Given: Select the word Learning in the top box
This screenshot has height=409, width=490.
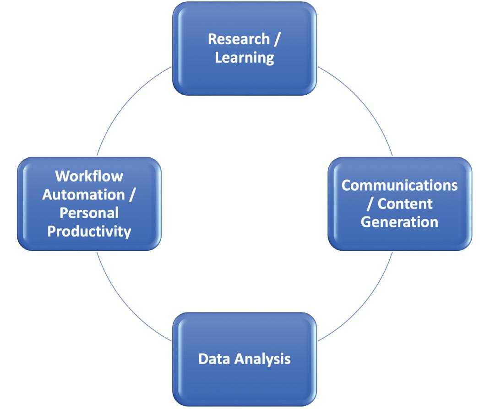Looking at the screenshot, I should click(x=245, y=58).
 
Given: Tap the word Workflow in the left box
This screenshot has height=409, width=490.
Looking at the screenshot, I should click(x=89, y=176).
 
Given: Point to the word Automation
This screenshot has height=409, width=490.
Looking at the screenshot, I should click(x=83, y=194).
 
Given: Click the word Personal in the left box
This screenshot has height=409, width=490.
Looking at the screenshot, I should click(x=89, y=213).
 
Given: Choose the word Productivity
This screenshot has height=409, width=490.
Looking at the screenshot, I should click(x=89, y=231).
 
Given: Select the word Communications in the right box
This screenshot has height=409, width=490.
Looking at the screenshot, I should click(x=399, y=185).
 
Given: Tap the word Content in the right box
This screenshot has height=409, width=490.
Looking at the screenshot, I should click(x=405, y=204).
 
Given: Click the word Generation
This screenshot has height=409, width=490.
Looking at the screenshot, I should click(x=399, y=222).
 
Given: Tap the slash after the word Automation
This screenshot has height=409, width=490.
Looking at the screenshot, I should click(x=132, y=195).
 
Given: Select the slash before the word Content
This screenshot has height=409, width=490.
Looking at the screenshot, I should click(x=370, y=204).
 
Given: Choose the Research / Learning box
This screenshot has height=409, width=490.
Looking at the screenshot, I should click(x=245, y=75).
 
